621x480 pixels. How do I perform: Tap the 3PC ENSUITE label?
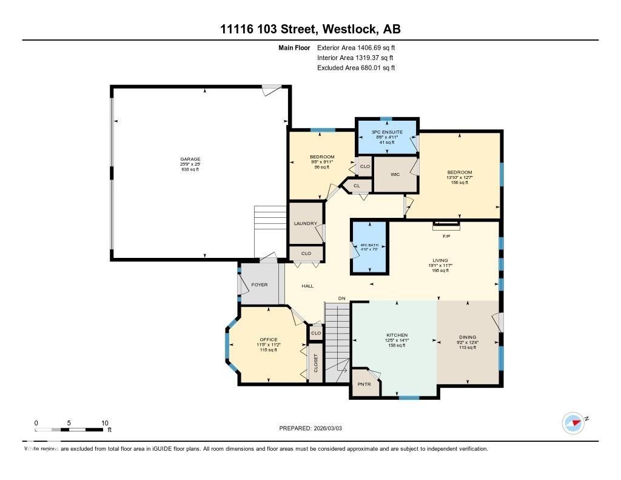pyautogui.click(x=386, y=131)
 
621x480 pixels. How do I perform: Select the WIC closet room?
pyautogui.click(x=395, y=174)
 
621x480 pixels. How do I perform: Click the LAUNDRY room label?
pyautogui.click(x=306, y=223)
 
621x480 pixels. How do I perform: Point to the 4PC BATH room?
pyautogui.click(x=370, y=245)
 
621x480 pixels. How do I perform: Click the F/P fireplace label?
pyautogui.click(x=446, y=235)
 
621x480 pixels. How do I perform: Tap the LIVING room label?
pyautogui.click(x=440, y=260)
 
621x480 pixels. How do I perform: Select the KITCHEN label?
pyautogui.click(x=397, y=335)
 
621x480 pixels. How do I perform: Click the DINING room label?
pyautogui.click(x=468, y=337)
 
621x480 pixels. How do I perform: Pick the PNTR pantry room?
pyautogui.click(x=364, y=384)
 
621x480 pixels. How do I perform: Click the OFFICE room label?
pyautogui.click(x=268, y=340)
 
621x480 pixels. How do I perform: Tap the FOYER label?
pyautogui.click(x=259, y=285)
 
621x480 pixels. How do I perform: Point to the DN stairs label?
pyautogui.click(x=341, y=298)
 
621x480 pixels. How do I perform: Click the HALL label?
pyautogui.click(x=307, y=285)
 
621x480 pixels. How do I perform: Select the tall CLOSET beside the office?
pyautogui.click(x=315, y=363)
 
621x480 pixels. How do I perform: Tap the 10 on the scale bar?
pyautogui.click(x=104, y=423)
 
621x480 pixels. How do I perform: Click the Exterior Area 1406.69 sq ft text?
pyautogui.click(x=356, y=47)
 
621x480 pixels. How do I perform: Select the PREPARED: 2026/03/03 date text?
pyautogui.click(x=310, y=428)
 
